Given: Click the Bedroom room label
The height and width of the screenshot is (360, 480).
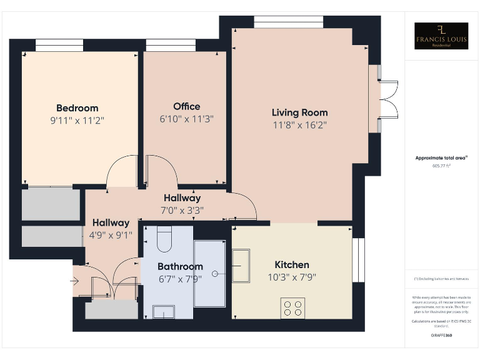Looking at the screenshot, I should point(77,107).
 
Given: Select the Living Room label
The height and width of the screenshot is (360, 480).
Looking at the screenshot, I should point(299,112).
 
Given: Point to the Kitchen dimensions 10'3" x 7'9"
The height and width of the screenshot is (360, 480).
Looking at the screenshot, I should point(292,277).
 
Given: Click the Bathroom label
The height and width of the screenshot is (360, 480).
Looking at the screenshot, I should point(180,266).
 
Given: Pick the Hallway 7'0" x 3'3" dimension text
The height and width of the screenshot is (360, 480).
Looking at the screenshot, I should point(182,210).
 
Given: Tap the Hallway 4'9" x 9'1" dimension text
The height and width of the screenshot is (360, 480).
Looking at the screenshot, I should point(111,235).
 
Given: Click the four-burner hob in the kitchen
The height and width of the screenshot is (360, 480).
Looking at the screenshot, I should point(292,308).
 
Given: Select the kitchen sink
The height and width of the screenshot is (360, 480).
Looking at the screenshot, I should point(241,266).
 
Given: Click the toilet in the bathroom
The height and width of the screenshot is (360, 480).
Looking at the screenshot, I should point(164,238).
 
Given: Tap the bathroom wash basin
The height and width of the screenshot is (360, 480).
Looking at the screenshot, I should point(164,312).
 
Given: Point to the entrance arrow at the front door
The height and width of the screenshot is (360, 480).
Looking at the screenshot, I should point(74,281).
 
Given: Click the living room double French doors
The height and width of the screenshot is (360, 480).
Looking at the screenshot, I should point(388,99).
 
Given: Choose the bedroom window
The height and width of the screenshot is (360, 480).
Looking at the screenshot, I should point(59,46).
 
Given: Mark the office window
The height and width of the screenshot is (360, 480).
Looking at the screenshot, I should point(166,46).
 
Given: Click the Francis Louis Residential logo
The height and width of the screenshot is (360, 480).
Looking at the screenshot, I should point(441,36).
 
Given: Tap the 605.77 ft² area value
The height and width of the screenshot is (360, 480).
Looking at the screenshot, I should point(441,166).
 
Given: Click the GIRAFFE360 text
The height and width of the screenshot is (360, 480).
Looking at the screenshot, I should point(441,336).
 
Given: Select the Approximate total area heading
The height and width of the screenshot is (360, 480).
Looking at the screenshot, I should point(441,158).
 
